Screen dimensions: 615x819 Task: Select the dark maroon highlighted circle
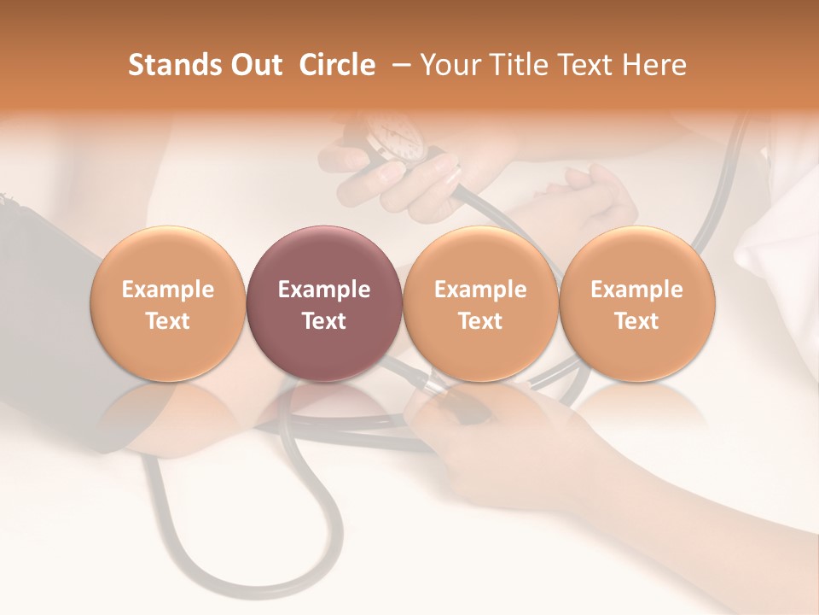[x=324, y=303]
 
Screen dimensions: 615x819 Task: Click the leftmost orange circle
[x=168, y=303]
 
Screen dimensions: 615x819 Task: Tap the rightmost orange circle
[x=637, y=303]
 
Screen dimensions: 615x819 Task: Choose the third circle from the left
[x=480, y=303]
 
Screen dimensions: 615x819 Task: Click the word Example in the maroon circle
[x=324, y=290]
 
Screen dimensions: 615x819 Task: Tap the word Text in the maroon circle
[x=324, y=321]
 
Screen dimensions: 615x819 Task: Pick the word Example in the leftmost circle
[x=168, y=290]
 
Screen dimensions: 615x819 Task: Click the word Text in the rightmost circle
[x=637, y=321]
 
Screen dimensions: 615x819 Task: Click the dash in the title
[x=398, y=65]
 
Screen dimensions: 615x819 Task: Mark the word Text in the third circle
[x=480, y=321]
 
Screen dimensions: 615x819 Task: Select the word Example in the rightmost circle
[x=637, y=290]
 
